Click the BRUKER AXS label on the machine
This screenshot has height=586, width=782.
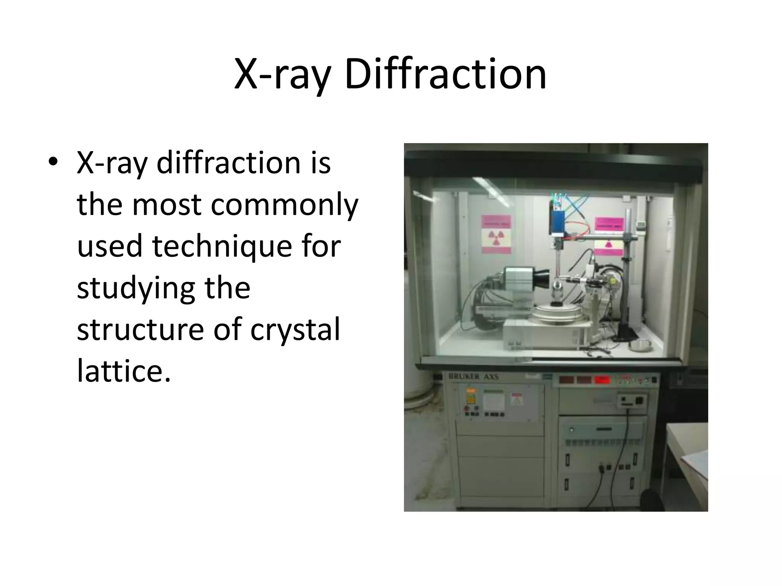point(473,377)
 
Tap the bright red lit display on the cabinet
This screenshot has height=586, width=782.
point(602,379)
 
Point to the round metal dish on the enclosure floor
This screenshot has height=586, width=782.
point(640,345)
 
